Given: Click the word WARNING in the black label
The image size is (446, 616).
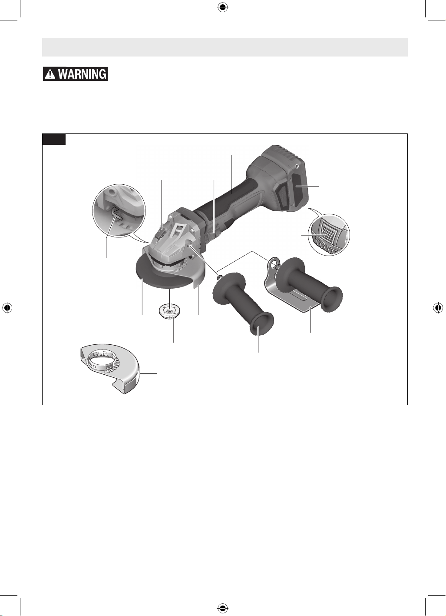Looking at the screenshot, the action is (x=82, y=74).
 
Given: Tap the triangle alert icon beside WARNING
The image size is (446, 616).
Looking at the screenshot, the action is (x=51, y=74).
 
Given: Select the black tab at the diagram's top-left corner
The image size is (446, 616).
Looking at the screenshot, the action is (x=54, y=139).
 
